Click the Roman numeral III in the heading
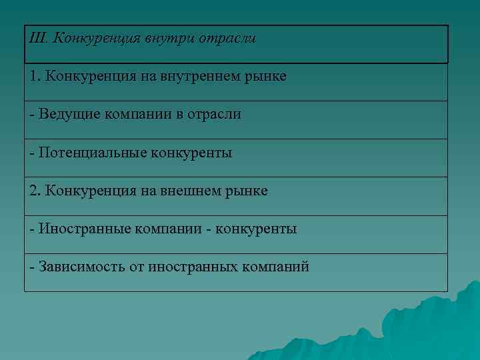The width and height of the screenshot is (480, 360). (38, 38)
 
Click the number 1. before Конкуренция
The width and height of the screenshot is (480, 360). (35, 77)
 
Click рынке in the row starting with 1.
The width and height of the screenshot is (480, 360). (267, 77)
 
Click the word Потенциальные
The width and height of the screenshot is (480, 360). (91, 153)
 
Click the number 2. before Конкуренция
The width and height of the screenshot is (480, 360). (35, 191)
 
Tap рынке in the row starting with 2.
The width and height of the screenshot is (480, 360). (248, 191)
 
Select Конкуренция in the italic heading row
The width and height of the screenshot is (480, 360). (94, 38)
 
